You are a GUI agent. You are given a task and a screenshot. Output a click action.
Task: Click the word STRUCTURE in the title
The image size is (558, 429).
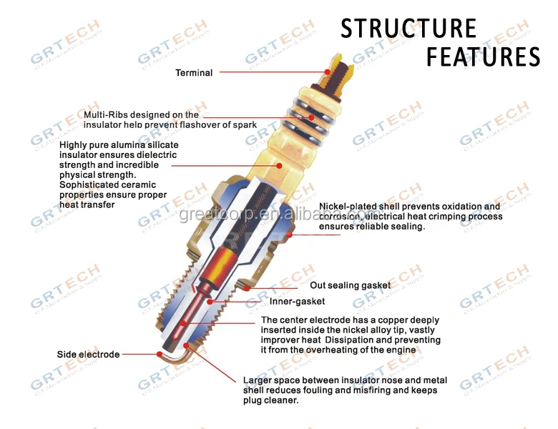(x=408, y=29)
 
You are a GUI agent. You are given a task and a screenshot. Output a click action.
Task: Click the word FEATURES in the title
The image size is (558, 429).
(x=483, y=56)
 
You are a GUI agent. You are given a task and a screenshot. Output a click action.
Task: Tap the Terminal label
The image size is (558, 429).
(x=194, y=72)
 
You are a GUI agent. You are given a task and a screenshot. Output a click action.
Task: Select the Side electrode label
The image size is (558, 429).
(x=89, y=354)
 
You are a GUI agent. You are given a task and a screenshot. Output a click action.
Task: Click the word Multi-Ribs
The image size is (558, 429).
(x=105, y=114)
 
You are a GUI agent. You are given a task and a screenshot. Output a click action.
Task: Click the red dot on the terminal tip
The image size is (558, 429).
(x=327, y=71)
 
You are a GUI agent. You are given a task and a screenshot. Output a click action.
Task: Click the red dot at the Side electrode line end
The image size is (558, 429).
(x=159, y=353)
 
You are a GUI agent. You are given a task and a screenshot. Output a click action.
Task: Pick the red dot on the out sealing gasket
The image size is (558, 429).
(x=248, y=288)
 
